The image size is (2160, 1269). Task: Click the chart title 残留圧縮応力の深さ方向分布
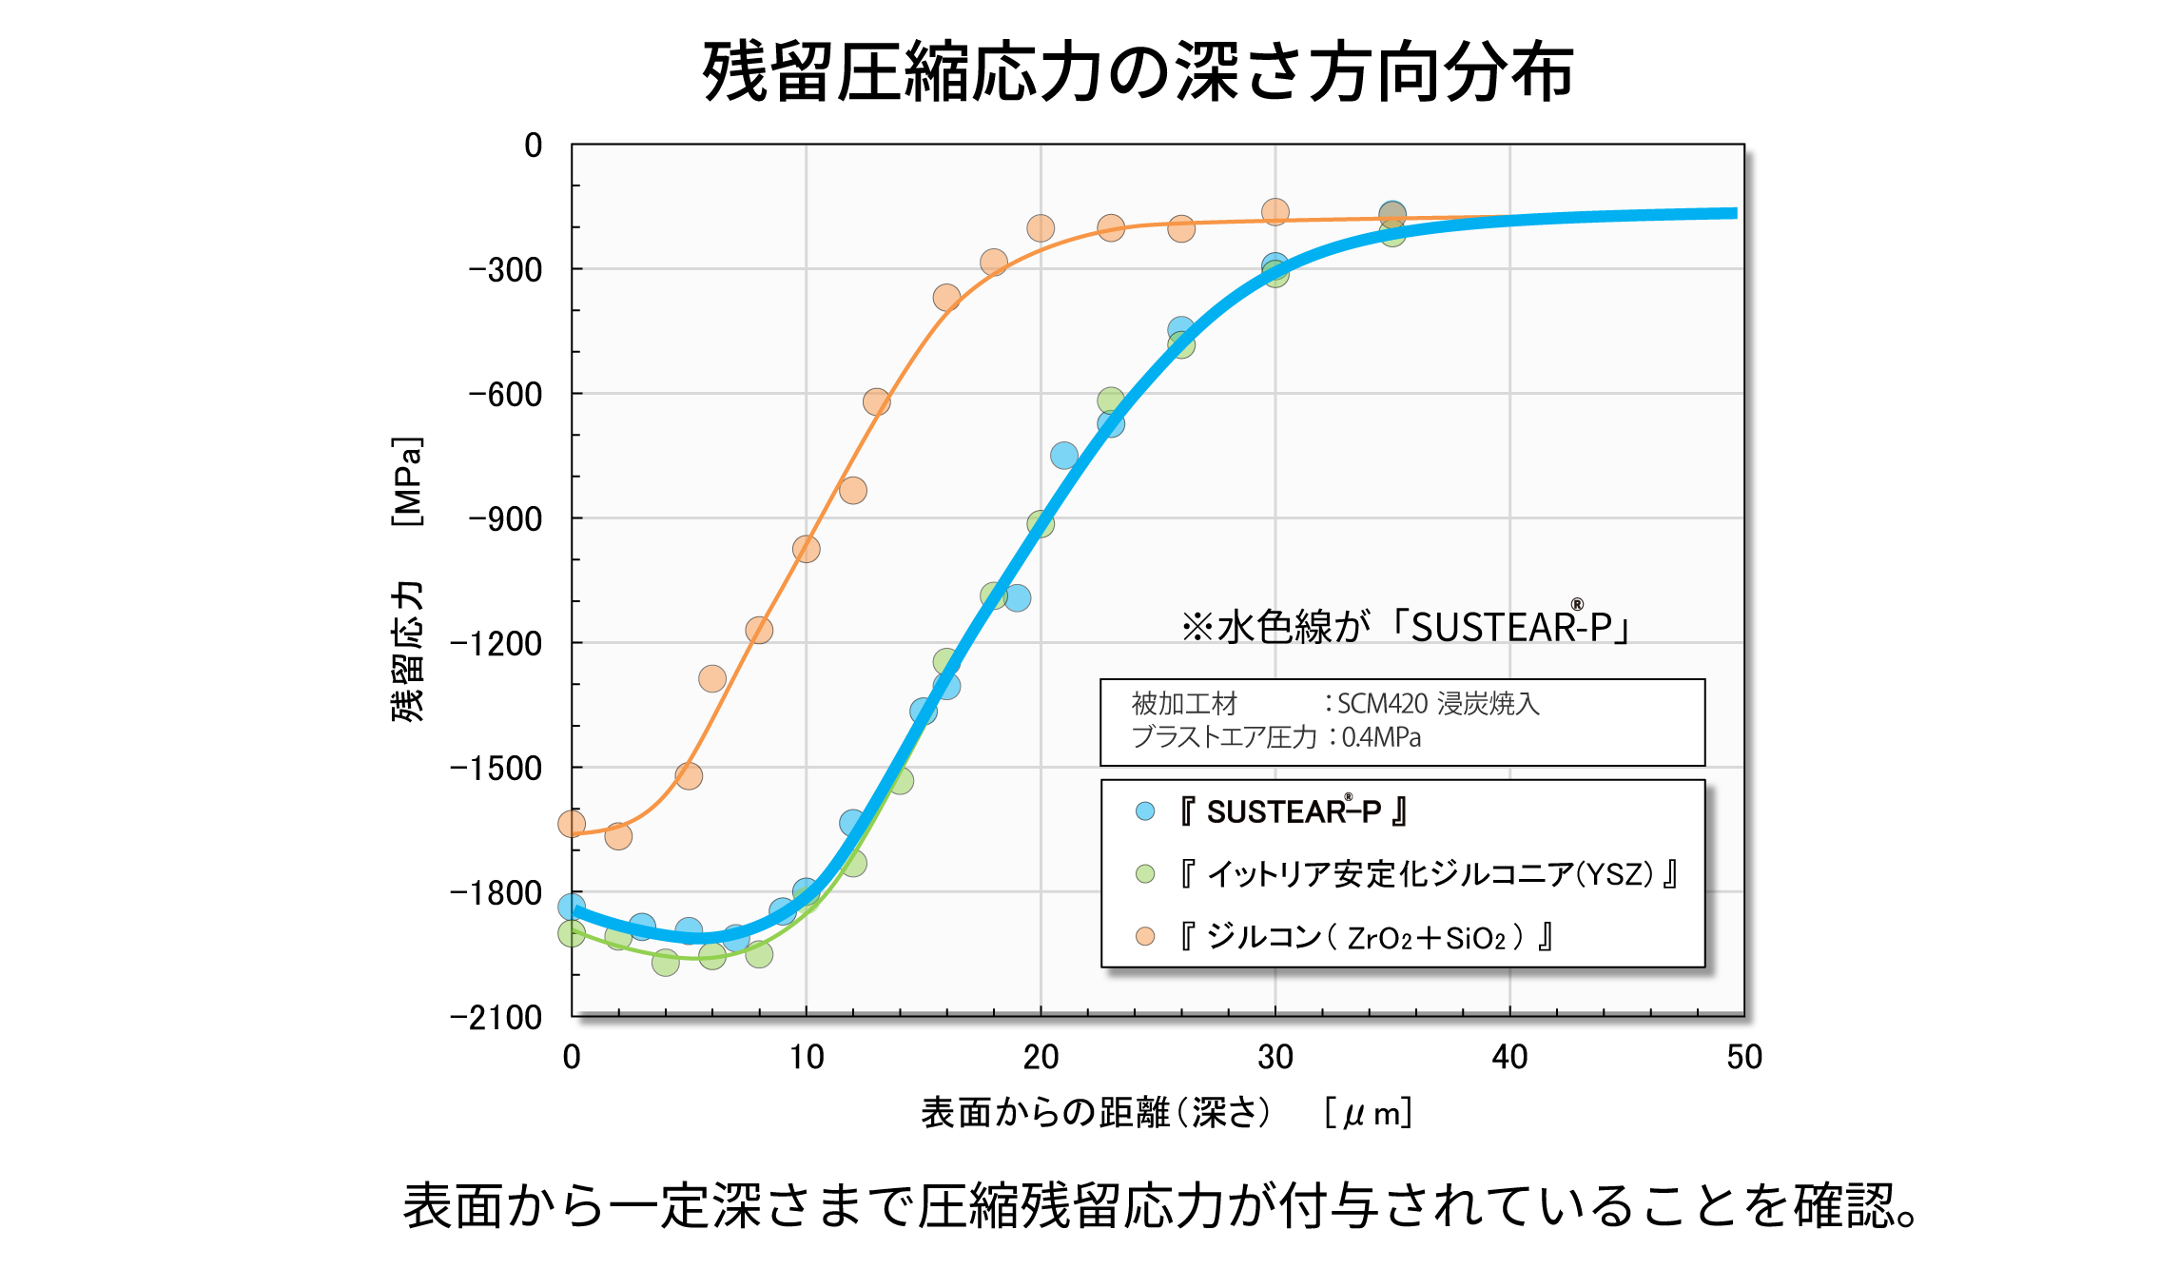tap(1138, 72)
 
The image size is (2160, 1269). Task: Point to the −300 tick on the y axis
tap(505, 270)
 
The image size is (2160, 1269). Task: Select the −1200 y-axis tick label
tap(496, 644)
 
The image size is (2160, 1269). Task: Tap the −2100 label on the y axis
tap(496, 1018)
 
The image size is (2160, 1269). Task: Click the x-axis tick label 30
tap(1275, 1057)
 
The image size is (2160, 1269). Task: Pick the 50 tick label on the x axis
tap(1743, 1057)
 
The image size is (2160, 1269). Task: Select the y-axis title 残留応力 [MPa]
tap(407, 580)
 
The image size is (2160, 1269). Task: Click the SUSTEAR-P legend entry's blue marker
tap(1145, 811)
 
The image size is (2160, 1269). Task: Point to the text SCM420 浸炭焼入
tap(1438, 704)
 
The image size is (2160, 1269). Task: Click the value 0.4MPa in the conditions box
tap(1381, 737)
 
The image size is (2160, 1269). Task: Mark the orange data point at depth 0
tap(572, 824)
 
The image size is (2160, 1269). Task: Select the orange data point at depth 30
tap(1275, 212)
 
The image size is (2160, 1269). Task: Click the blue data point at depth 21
tap(1064, 456)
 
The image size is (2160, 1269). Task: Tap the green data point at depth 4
tap(666, 963)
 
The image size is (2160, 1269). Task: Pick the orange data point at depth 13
tap(876, 401)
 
